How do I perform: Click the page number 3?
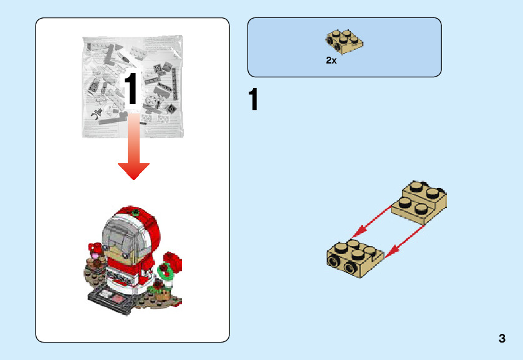click(502, 339)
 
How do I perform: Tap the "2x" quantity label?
click(331, 61)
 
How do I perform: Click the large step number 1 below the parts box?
click(253, 101)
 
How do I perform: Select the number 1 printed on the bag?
click(132, 89)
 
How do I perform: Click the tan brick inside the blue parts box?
click(344, 40)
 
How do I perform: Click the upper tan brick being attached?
click(420, 201)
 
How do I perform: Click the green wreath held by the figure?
click(166, 271)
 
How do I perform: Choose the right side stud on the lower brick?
click(351, 268)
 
